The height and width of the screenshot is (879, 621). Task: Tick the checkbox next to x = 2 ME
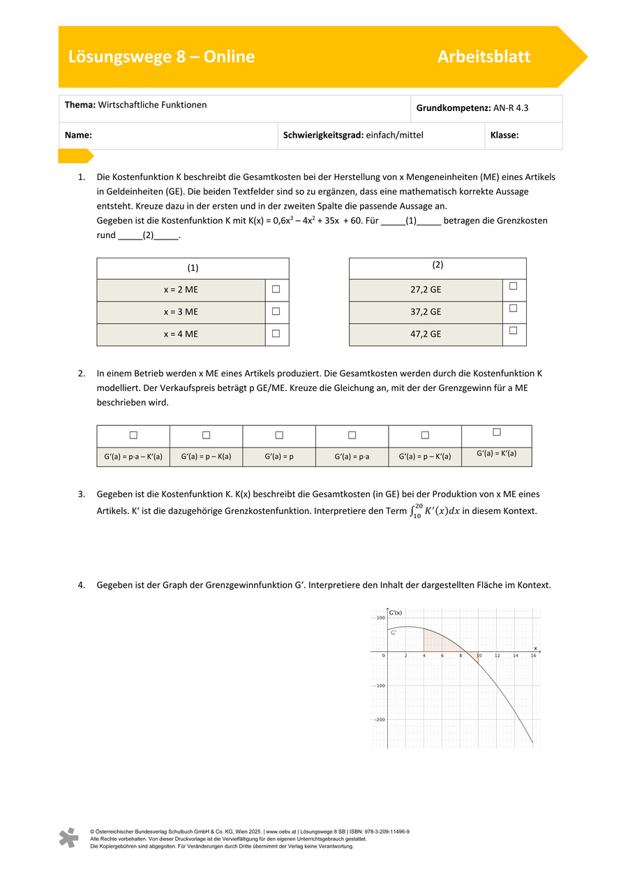click(276, 289)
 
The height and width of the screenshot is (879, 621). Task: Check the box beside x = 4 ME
click(276, 334)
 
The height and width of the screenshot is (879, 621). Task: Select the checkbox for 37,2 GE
click(514, 308)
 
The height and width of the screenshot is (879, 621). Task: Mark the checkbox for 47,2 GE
click(514, 330)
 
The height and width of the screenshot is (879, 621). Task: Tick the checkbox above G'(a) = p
click(279, 435)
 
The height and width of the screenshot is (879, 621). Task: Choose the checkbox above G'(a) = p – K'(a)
click(425, 435)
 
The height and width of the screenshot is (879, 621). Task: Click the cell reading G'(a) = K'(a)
click(496, 453)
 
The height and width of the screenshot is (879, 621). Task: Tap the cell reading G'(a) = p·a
click(352, 457)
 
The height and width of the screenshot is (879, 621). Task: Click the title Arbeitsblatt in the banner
click(484, 57)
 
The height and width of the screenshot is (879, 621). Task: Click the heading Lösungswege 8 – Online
click(161, 57)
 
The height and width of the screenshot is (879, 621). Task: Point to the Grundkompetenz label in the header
click(446, 108)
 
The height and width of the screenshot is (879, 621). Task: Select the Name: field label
click(79, 135)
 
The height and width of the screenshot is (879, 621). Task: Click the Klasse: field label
click(504, 135)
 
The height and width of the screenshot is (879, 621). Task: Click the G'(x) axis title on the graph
click(396, 612)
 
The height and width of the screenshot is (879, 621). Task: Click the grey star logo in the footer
click(68, 837)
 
